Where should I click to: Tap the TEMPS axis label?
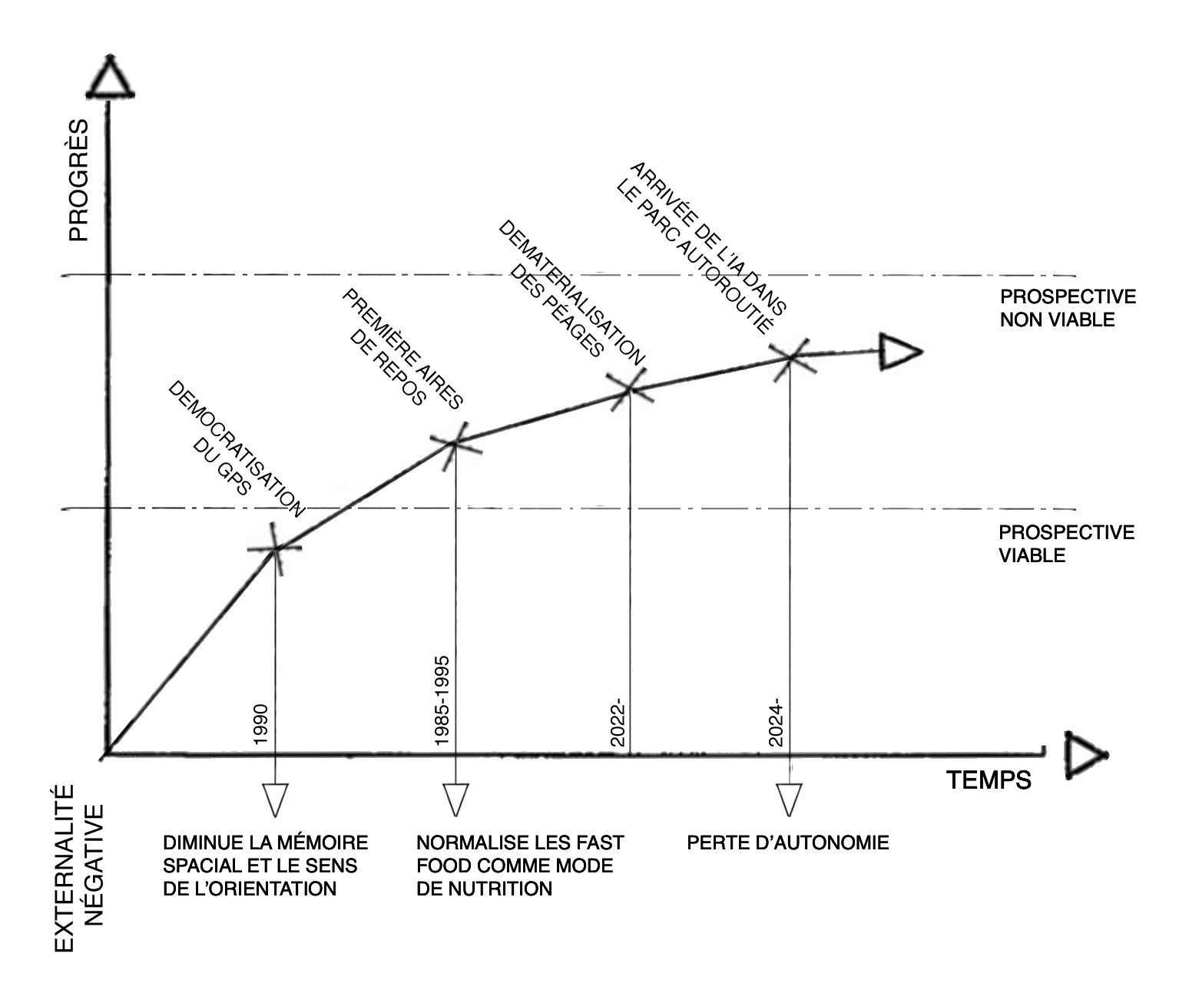click(989, 780)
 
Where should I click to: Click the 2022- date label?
click(619, 723)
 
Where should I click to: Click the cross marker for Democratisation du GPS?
click(274, 547)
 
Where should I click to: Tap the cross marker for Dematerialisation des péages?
click(630, 389)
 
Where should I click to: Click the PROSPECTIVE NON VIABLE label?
click(1068, 308)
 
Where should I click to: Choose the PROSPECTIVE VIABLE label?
click(1066, 544)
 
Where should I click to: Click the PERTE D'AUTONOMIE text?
click(788, 842)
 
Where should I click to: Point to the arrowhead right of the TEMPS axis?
click(1084, 756)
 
